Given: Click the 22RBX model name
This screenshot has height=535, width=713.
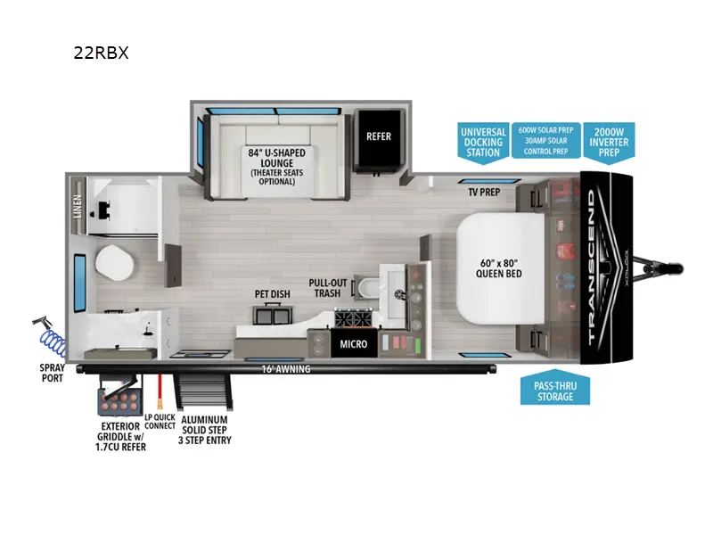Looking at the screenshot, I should (x=102, y=53).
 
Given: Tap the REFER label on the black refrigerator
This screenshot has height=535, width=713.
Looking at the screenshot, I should (x=379, y=136).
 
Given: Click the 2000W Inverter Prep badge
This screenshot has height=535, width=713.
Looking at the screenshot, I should (x=611, y=141).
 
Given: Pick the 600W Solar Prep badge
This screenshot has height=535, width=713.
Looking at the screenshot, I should (x=546, y=141).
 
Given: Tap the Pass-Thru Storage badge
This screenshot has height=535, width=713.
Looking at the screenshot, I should (x=555, y=390).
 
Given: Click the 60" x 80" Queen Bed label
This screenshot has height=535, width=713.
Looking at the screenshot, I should (x=500, y=267).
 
